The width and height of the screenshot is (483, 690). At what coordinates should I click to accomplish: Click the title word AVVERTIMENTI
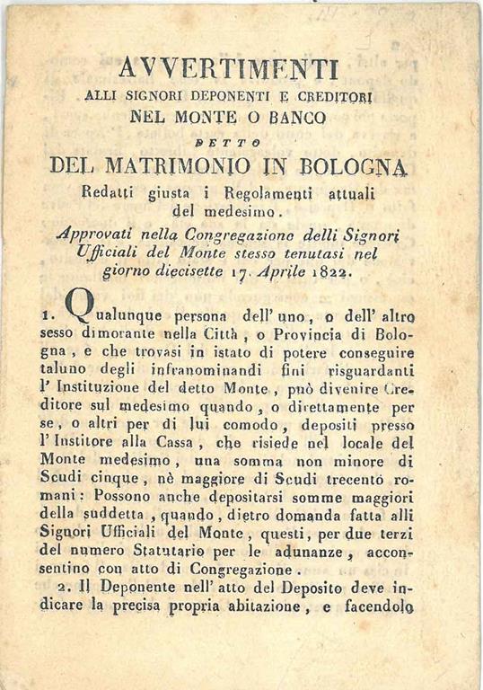click(228, 68)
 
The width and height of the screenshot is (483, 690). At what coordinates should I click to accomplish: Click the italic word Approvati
click(96, 231)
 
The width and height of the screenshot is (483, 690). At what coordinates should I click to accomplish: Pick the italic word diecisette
click(182, 270)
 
